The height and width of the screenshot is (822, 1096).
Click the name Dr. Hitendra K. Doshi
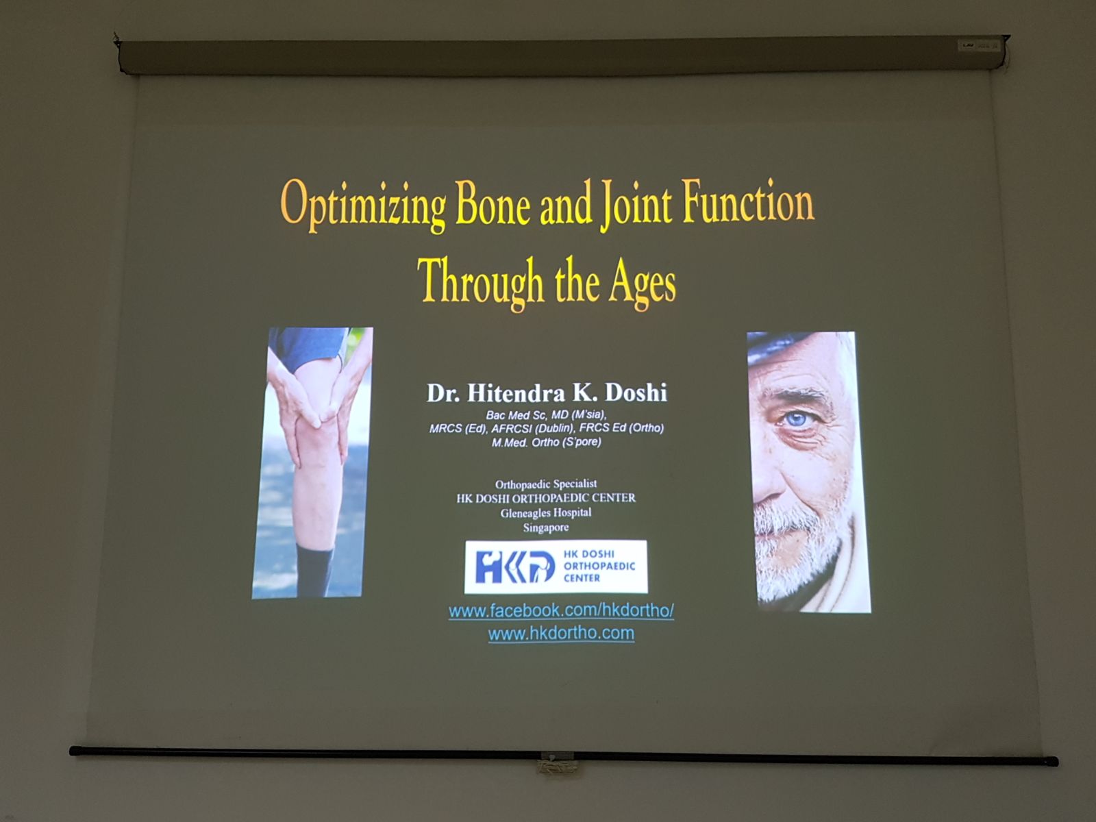547,393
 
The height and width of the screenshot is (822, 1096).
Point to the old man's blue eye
797,419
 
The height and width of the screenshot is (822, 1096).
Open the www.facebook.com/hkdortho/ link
561,610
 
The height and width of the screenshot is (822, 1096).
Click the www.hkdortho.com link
561,633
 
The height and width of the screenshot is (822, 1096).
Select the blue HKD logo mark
514,566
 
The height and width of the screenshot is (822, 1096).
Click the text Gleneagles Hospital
546,512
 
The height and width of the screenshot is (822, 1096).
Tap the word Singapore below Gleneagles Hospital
546,527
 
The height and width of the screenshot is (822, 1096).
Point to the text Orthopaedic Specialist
546,484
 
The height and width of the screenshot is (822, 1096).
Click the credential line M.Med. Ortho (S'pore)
546,443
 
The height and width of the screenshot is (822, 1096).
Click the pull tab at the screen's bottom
556,763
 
